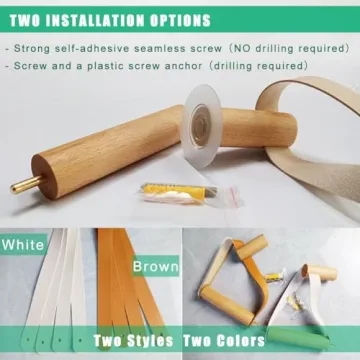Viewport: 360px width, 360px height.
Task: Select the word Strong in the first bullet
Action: [x=38, y=46]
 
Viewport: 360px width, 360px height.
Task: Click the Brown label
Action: [x=155, y=267]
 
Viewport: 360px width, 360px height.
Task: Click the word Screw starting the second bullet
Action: [x=35, y=65]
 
